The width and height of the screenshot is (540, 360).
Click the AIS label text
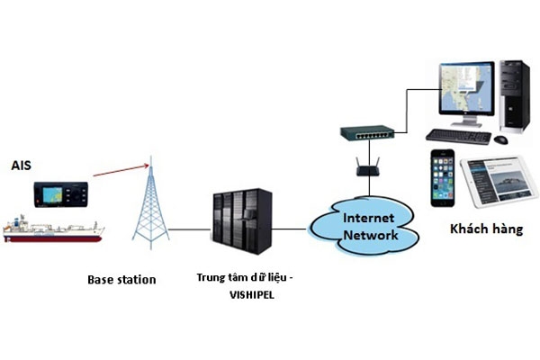click(x=21, y=166)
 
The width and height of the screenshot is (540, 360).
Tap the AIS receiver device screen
click(x=56, y=193)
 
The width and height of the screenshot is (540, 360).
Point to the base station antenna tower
click(x=149, y=207)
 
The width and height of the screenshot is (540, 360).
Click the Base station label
click(x=121, y=279)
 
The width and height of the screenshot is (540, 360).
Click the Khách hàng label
click(x=486, y=229)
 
